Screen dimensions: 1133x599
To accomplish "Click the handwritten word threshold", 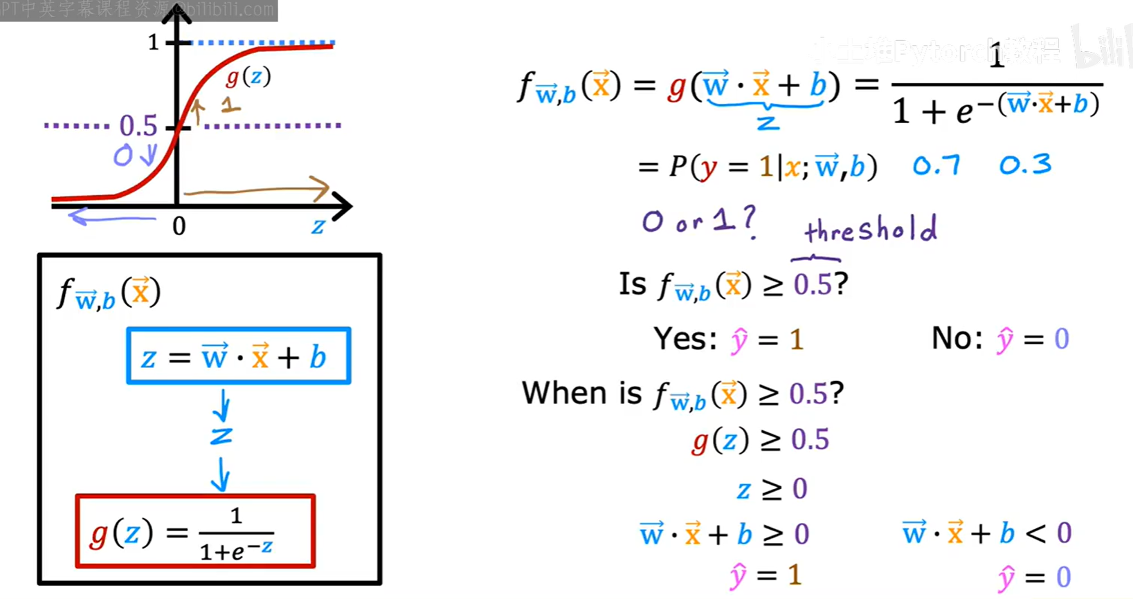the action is (x=871, y=228).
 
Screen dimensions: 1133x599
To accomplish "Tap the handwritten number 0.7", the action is (x=936, y=165).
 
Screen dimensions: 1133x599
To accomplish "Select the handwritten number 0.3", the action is (x=1025, y=165).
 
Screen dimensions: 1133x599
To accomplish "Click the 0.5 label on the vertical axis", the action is (x=138, y=126).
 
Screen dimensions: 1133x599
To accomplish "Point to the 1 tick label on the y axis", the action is (x=154, y=43).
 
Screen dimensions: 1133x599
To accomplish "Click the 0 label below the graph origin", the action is (x=179, y=226).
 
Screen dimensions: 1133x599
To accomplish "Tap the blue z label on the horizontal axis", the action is (x=318, y=226).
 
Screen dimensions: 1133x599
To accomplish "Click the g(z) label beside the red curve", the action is (x=248, y=77).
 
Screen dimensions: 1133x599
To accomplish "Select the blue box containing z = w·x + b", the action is (x=238, y=356).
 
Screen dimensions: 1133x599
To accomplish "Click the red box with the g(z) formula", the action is (x=195, y=531).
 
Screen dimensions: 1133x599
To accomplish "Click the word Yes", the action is (x=685, y=339).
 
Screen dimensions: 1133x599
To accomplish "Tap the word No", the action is (x=956, y=339).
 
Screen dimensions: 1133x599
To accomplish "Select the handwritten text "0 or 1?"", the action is (x=698, y=222).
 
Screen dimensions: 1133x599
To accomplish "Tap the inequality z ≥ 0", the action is (x=772, y=489).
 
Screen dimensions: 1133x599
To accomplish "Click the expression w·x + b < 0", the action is (x=986, y=533).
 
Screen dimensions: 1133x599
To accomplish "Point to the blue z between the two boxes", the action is (x=221, y=436).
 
